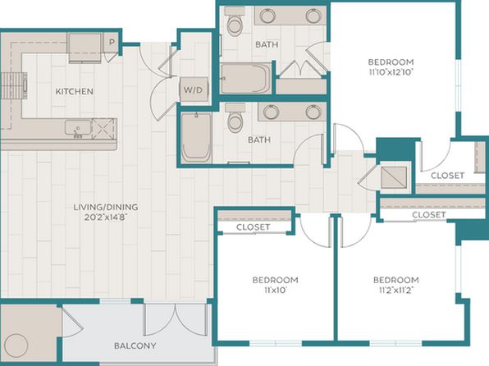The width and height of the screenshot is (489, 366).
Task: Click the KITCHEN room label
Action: tap(74, 91)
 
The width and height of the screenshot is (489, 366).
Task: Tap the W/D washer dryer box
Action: tap(193, 90)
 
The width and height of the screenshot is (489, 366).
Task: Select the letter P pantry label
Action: tap(112, 42)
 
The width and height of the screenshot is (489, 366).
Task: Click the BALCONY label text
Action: tap(135, 345)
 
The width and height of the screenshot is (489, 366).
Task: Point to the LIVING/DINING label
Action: tap(106, 207)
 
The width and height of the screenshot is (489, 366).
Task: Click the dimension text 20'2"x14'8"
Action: tap(107, 217)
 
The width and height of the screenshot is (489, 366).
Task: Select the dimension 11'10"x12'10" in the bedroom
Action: tap(391, 72)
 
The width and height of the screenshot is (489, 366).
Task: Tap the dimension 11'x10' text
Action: tap(276, 291)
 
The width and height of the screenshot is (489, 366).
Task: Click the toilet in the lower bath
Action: tap(236, 119)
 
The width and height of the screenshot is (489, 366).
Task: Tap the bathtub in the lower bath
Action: tap(196, 138)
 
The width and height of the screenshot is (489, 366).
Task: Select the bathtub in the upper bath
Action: tap(246, 78)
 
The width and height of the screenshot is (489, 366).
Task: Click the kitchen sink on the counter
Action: tap(78, 128)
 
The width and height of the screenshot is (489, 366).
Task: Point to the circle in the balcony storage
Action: tap(17, 345)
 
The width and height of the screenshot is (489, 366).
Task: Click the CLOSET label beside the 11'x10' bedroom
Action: tap(253, 226)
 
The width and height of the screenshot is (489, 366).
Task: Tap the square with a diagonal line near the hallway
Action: tap(394, 177)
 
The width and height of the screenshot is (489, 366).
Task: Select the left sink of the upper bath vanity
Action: tap(267, 16)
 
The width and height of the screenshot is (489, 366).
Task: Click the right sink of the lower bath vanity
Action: tap(313, 112)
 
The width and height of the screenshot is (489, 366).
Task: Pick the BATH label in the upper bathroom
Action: tap(267, 44)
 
